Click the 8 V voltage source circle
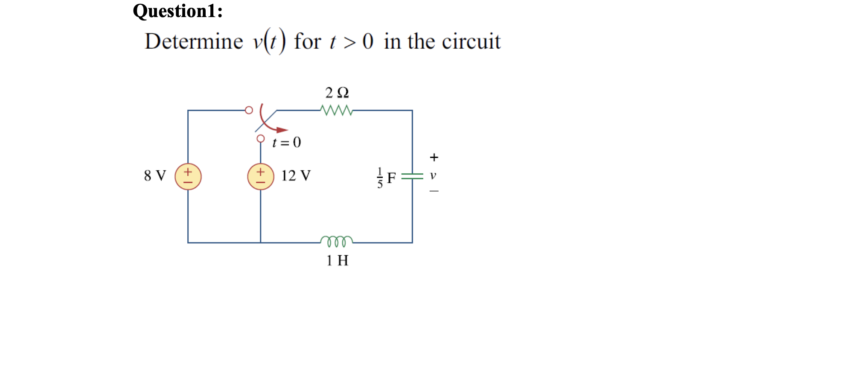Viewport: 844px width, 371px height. click(188, 176)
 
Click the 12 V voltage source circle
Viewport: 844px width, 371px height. click(261, 176)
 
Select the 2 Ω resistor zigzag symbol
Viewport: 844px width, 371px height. click(337, 110)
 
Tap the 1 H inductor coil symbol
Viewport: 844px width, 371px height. click(337, 241)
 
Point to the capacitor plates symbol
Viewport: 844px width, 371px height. click(412, 176)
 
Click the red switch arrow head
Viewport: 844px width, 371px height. click(282, 130)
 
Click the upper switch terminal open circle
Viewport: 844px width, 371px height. click(249, 110)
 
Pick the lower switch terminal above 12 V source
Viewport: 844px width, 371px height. click(261, 139)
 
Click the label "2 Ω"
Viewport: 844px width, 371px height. click(337, 93)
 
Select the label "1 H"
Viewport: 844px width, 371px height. click(337, 260)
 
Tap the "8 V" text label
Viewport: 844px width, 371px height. click(155, 175)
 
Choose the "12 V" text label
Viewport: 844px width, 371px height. click(296, 175)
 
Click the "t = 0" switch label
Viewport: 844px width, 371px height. click(287, 142)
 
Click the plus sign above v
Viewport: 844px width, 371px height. click(434, 158)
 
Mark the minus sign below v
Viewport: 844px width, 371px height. click(434, 191)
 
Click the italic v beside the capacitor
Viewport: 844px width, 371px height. click(433, 175)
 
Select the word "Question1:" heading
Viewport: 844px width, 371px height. click(178, 11)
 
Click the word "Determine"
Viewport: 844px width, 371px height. click(194, 41)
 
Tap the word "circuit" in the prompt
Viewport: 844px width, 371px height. click(471, 41)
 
